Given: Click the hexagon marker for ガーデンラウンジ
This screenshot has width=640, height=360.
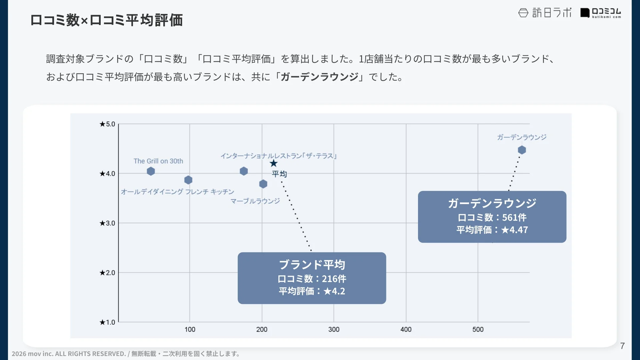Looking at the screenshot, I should (x=522, y=150).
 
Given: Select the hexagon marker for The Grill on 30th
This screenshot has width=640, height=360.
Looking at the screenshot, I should (x=151, y=171).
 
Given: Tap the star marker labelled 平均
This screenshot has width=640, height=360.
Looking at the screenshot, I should (x=274, y=163).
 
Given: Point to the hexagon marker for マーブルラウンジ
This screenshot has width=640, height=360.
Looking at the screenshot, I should (x=263, y=184).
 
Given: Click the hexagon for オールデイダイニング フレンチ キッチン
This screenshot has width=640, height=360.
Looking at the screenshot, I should (x=188, y=180).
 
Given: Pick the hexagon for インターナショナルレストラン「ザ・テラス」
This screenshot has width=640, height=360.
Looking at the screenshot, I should (x=244, y=171).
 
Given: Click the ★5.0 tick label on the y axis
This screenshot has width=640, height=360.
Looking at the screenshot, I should (x=107, y=124).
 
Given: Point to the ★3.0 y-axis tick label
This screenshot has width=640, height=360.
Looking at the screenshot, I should (x=107, y=223).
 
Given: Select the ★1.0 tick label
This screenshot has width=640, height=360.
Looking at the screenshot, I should (x=107, y=322).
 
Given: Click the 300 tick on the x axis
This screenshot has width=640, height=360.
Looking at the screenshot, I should (x=334, y=329).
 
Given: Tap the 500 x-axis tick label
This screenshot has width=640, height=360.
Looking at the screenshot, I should (x=478, y=329).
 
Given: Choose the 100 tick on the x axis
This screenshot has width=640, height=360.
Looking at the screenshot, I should (x=190, y=329).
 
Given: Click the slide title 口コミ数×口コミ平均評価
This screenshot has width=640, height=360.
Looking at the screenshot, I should (x=106, y=20).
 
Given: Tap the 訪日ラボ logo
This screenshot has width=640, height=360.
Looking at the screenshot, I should (x=545, y=13).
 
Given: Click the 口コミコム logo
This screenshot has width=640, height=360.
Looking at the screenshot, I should (x=601, y=13).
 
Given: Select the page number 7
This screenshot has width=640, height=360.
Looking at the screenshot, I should (x=622, y=346).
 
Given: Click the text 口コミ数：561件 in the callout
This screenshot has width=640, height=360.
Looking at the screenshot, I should (x=492, y=218).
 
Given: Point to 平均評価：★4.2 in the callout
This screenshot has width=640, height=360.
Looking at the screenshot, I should (x=312, y=291).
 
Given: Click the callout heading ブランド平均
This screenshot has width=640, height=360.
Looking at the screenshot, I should (x=312, y=265).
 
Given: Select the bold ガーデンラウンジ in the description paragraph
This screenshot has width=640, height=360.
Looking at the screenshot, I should (x=319, y=77).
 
